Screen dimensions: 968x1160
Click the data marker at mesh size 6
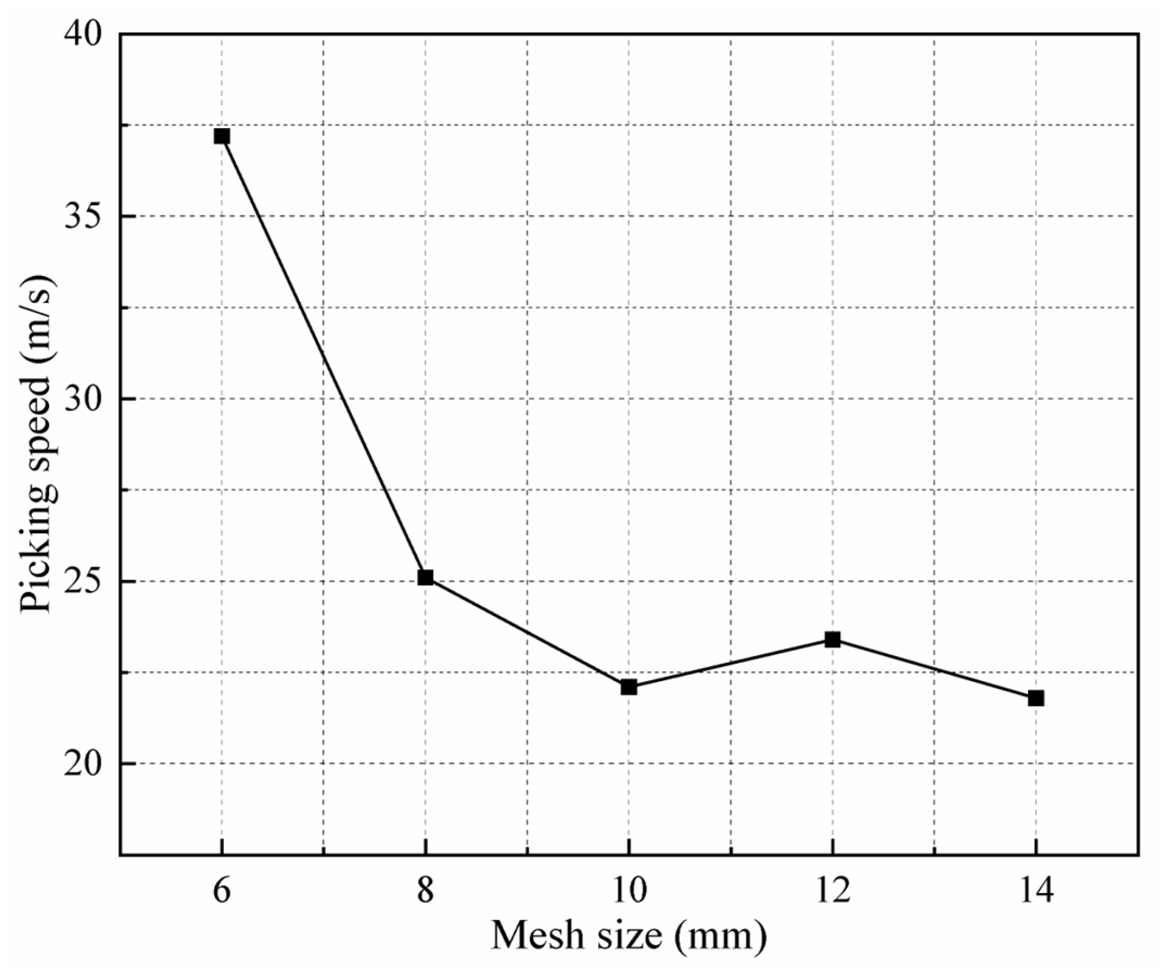pos(222,136)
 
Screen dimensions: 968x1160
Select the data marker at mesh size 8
pos(425,577)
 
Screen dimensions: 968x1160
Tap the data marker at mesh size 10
pos(629,687)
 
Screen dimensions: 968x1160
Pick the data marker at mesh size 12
pos(832,640)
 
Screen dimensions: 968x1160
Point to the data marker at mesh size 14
pos(1036,698)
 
